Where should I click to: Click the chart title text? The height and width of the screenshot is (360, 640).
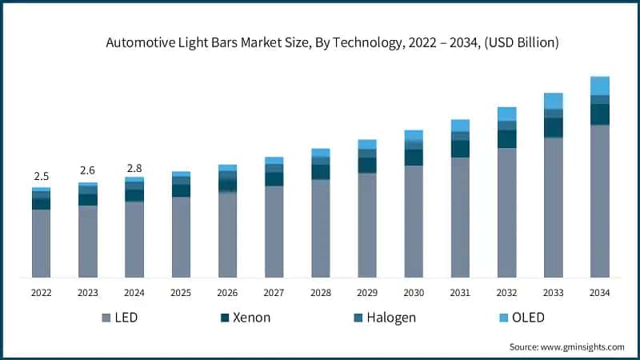332,43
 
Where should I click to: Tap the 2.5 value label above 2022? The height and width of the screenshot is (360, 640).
42,176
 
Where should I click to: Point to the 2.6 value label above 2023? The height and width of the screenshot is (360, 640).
88,170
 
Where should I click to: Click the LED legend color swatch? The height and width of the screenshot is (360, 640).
106,318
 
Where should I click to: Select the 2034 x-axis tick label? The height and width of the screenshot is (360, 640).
599,293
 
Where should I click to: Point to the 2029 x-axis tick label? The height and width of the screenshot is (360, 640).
367,293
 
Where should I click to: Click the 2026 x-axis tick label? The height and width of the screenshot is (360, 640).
227,293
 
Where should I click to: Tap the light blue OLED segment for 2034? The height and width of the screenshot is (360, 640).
600,86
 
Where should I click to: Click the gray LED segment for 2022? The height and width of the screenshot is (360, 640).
42,243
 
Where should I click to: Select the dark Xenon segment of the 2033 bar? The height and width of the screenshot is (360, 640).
554,128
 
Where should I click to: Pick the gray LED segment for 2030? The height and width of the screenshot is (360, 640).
414,221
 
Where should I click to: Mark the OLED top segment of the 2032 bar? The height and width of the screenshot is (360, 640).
507,114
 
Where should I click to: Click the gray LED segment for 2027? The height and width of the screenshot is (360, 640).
274,231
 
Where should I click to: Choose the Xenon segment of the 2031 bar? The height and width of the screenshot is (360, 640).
460,149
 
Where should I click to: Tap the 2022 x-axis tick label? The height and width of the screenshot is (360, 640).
42,293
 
